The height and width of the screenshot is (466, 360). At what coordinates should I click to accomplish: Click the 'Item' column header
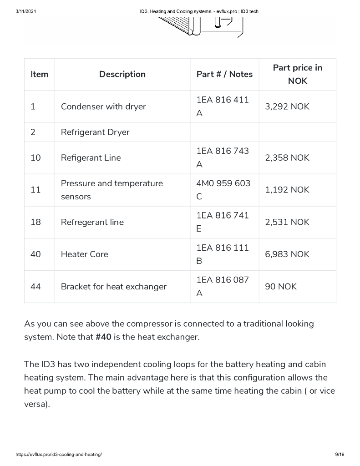point(39,74)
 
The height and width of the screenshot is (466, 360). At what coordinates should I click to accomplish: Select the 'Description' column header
point(122,74)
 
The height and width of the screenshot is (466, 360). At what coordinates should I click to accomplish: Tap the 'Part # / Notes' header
point(224,74)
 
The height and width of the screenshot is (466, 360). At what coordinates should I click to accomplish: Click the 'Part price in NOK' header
point(297,74)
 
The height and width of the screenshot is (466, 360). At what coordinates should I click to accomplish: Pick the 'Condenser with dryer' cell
point(103,106)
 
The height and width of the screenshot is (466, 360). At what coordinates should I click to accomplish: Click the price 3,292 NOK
point(287,106)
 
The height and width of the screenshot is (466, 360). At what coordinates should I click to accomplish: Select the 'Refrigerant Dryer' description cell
point(95,132)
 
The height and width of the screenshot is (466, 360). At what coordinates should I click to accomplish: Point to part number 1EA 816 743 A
point(223,157)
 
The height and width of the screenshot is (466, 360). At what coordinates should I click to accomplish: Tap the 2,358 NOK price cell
point(287,157)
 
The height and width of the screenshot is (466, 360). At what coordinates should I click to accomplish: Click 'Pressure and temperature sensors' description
point(112,190)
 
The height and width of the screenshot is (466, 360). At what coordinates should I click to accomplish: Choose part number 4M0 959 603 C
point(223,190)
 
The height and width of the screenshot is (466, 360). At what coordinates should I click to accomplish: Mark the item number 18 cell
point(35,222)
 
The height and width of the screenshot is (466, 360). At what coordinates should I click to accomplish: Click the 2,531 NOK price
point(287,222)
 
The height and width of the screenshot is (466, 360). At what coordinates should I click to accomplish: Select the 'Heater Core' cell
point(85,254)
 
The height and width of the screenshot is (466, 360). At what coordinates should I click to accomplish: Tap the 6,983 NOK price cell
point(287,254)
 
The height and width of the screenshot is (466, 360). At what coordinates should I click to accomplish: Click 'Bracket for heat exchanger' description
point(114,287)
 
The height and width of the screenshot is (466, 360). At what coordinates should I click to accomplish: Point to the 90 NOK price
point(280,287)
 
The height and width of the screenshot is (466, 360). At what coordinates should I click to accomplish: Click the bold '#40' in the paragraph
point(104,338)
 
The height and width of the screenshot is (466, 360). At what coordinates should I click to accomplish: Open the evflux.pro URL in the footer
point(59,455)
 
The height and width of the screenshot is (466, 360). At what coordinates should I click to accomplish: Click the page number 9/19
point(339,455)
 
